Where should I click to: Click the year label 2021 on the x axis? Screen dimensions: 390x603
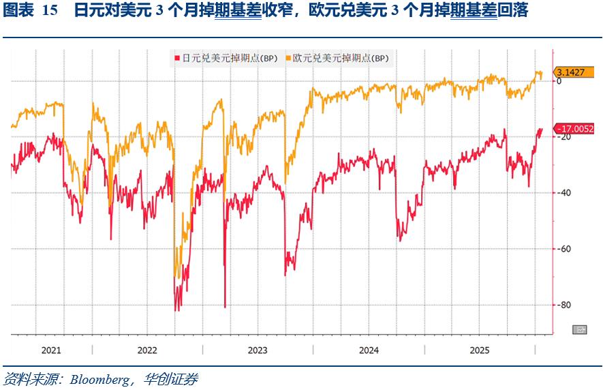[x=51, y=350]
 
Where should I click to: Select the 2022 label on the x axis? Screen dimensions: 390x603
[x=147, y=350]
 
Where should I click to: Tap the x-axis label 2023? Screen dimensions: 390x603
[x=258, y=350]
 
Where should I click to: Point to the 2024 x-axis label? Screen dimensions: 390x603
[x=369, y=350]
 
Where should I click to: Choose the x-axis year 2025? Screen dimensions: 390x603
[x=480, y=350]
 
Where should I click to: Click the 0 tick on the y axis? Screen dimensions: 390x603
[x=559, y=81]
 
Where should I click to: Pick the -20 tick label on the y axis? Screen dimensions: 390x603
[x=563, y=137]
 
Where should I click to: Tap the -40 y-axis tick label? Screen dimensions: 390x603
[x=563, y=193]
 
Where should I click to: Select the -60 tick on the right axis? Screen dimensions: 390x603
[x=563, y=249]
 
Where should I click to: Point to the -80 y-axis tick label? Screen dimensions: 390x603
[x=563, y=305]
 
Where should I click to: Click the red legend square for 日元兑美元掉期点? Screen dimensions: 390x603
[x=177, y=59]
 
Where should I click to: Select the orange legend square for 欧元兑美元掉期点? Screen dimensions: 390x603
[x=288, y=59]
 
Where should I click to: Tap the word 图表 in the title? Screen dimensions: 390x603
[x=18, y=11]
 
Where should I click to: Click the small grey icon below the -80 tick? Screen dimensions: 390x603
[x=581, y=330]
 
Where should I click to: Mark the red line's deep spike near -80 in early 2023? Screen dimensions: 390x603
[x=225, y=305]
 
